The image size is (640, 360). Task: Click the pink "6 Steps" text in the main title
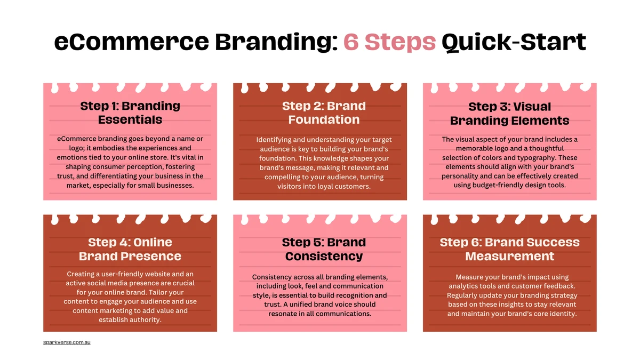(389, 42)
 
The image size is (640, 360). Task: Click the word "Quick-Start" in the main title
(514, 43)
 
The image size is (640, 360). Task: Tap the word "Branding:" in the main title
(276, 42)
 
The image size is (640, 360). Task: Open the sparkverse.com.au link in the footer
(67, 342)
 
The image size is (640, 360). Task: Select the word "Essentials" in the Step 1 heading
(130, 119)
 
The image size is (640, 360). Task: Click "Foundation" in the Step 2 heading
(324, 119)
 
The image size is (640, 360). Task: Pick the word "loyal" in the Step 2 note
(325, 186)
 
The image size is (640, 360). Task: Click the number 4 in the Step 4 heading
(123, 242)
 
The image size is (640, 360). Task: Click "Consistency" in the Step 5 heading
(324, 256)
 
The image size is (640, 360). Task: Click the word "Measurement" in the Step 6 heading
(509, 256)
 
